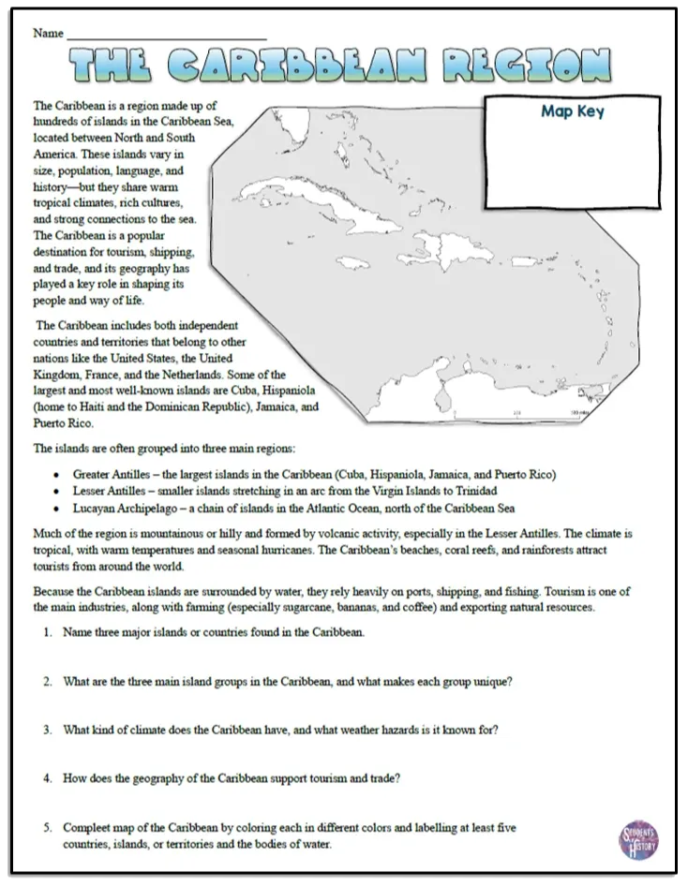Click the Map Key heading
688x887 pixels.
573,111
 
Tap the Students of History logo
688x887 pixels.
638,839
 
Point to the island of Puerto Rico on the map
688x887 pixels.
526,262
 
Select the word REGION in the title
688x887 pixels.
527,65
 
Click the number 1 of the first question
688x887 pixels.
48,632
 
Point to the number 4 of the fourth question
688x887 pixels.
48,778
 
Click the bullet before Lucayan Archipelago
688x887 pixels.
56,509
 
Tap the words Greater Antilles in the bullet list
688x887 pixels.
112,475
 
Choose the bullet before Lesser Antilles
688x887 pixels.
56,492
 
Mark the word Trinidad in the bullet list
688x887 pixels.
476,491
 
